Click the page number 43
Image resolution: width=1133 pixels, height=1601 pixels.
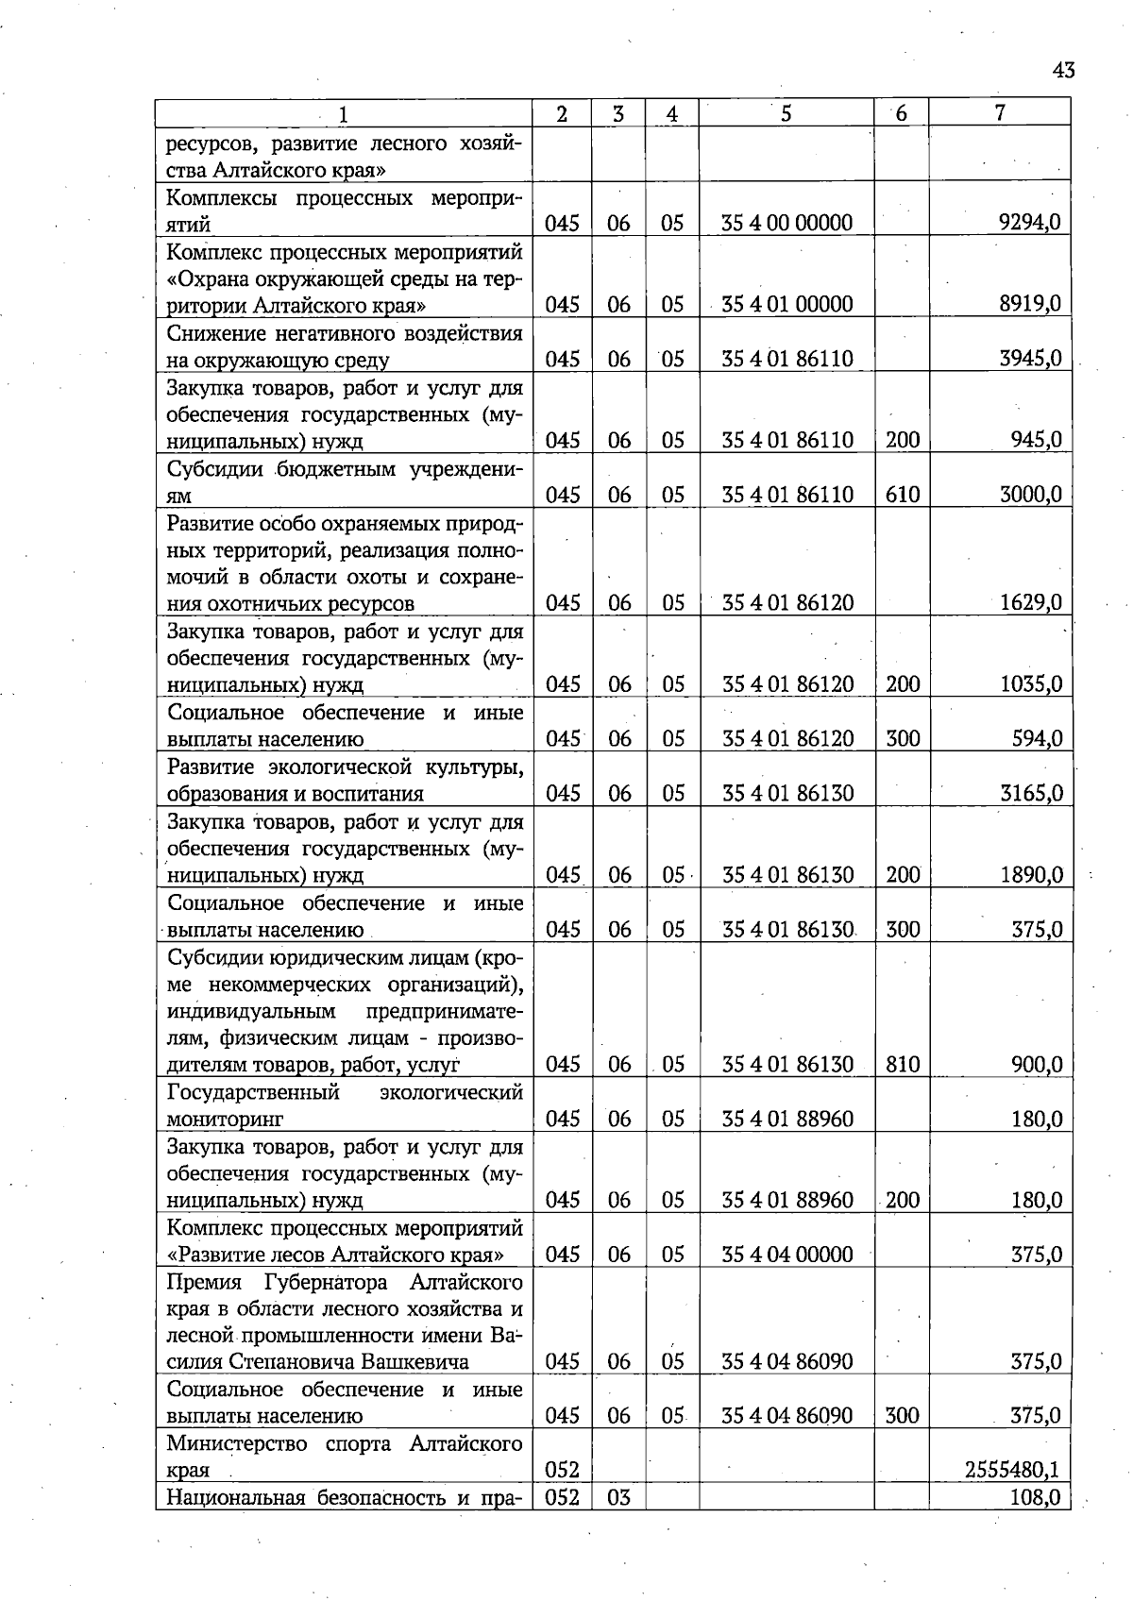pos(1062,71)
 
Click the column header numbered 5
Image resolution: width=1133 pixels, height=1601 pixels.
pos(786,113)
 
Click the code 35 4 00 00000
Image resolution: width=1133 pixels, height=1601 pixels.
pos(786,223)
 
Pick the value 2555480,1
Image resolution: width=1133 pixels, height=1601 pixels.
pos(1011,1469)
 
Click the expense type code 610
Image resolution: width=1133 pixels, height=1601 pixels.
pos(902,494)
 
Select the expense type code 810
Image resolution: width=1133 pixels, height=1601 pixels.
pos(902,1064)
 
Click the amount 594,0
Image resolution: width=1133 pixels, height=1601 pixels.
pos(1037,738)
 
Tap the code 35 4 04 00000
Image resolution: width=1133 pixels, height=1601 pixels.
pos(786,1254)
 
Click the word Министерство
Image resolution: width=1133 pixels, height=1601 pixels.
pos(237,1443)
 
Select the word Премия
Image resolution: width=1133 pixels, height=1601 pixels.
pos(205,1282)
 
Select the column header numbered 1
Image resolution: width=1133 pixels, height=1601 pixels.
pos(343,114)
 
